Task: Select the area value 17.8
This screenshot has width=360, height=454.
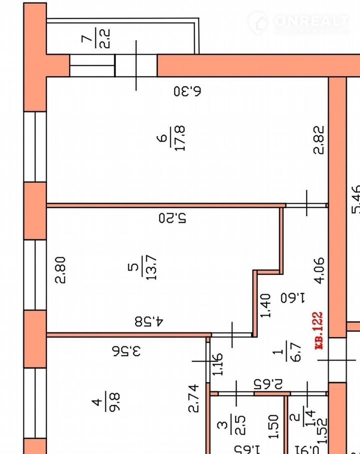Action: [180, 139]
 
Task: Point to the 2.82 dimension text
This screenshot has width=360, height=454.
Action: [320, 140]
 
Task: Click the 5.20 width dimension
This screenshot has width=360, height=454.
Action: [172, 218]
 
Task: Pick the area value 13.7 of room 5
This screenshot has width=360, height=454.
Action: [151, 267]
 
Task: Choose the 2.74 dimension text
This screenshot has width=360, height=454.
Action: [194, 398]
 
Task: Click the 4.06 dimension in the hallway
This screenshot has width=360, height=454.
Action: [320, 270]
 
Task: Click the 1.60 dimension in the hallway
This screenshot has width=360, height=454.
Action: [292, 298]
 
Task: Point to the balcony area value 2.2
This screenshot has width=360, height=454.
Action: [105, 38]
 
